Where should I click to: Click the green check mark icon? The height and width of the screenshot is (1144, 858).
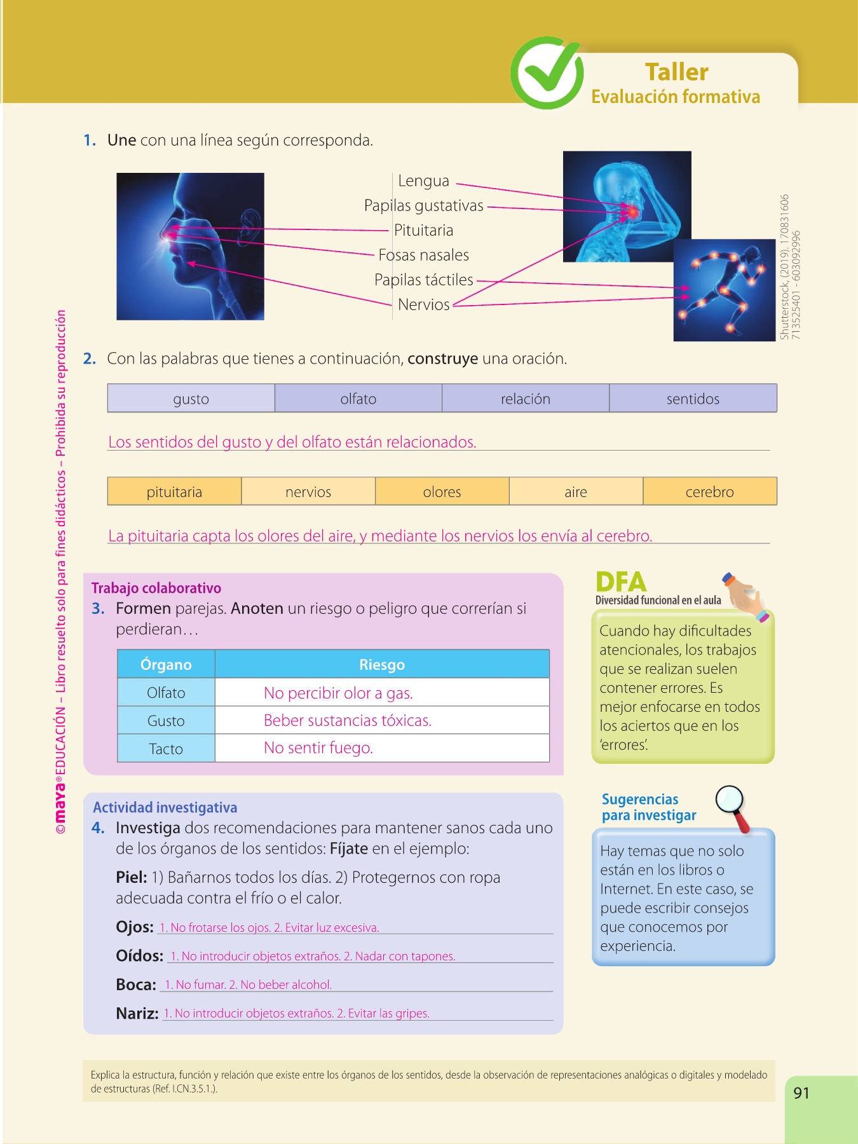[x=547, y=73]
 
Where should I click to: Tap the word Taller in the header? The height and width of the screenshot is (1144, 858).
[x=676, y=72]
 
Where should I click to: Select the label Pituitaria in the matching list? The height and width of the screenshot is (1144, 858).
[x=423, y=230]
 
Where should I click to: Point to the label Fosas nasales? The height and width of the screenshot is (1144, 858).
[x=423, y=255]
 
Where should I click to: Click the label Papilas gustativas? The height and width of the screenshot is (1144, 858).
[x=423, y=205]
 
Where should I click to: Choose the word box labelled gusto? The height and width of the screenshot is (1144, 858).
[x=191, y=398]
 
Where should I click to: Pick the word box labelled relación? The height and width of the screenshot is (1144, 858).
[x=525, y=398]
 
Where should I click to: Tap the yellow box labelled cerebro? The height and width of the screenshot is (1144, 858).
[x=709, y=491]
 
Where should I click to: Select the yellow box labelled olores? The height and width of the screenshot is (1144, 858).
[x=442, y=491]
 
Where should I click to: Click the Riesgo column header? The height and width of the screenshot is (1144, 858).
[x=381, y=664]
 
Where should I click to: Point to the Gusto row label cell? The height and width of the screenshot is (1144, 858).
[x=166, y=721]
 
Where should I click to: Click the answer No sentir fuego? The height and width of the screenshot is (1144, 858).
[x=318, y=747]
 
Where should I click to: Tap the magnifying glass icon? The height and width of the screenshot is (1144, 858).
[x=732, y=805]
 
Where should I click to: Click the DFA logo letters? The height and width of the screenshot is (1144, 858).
[x=621, y=582]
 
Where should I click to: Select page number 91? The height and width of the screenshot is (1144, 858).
[x=801, y=1093]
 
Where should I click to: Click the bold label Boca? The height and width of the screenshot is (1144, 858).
[x=136, y=984]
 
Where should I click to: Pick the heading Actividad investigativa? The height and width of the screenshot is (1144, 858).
[x=165, y=807]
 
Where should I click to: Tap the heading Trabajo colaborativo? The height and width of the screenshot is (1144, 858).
[x=156, y=588]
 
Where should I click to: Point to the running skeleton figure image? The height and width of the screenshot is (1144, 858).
[x=725, y=289]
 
